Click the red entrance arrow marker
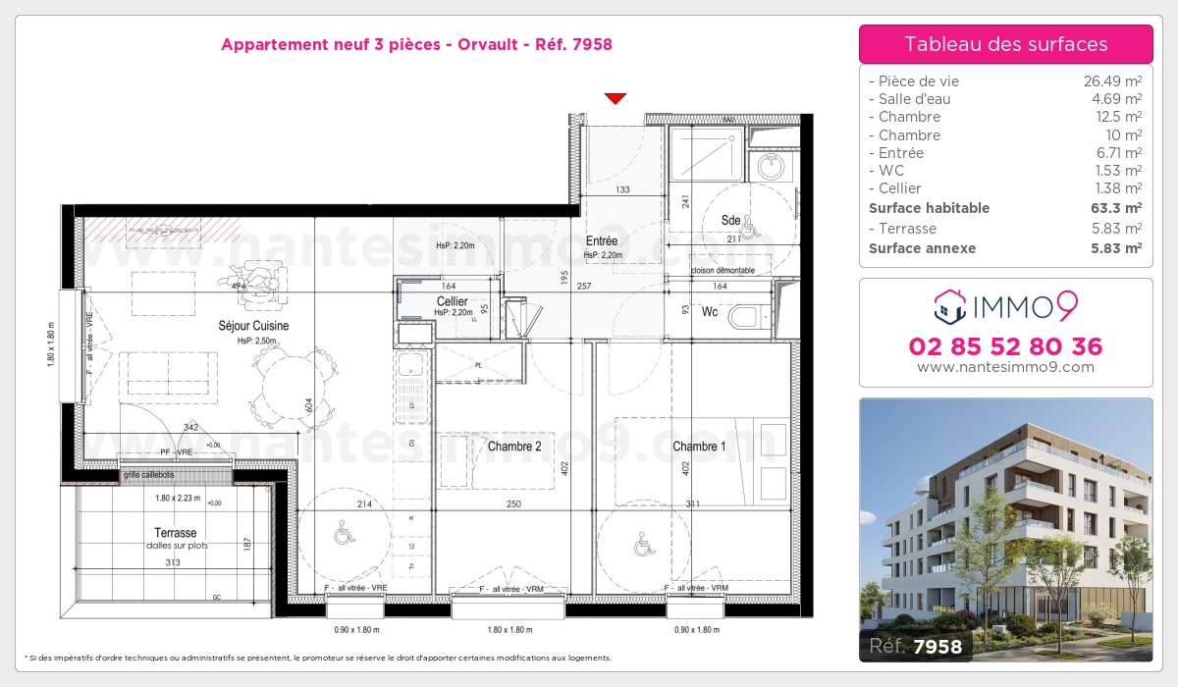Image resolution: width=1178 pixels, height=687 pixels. [616, 98]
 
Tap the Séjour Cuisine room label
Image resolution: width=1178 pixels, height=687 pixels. [254, 326]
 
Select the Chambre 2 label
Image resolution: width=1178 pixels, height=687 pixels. [514, 447]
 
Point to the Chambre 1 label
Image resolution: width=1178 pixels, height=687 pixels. [700, 447]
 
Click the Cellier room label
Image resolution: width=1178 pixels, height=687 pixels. [452, 301]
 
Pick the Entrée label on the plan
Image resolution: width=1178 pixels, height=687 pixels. [602, 241]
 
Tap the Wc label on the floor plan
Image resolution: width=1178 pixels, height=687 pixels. [710, 313]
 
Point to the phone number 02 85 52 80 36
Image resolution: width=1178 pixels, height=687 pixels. [1006, 346]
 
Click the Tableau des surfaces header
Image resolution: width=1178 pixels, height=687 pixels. [1006, 44]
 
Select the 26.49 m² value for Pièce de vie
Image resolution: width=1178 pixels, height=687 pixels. [1111, 81]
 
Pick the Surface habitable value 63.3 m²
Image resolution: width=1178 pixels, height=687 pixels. [1117, 208]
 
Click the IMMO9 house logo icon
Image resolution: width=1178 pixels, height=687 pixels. [948, 306]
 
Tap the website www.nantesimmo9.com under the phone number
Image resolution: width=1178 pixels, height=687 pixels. [1006, 367]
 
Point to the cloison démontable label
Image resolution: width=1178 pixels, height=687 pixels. [723, 270]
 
